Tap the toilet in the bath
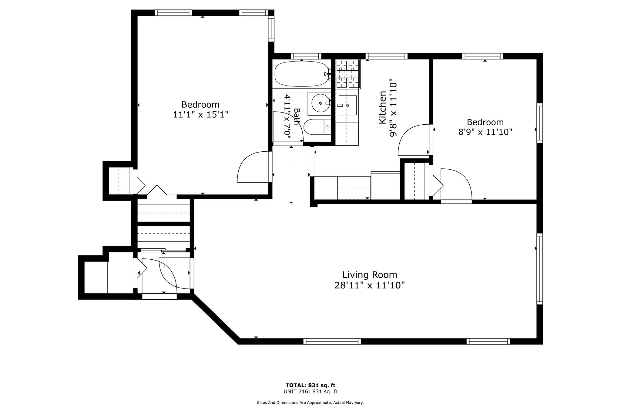(x=317, y=127)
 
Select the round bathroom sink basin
(x=321, y=103)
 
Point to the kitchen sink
(x=347, y=105)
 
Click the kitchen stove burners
(x=347, y=74)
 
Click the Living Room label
(x=370, y=275)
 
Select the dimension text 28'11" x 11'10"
(x=370, y=285)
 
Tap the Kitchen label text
(x=383, y=107)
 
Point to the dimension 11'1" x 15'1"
(x=200, y=115)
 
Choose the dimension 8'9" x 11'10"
(x=485, y=132)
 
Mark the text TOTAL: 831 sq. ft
(x=310, y=385)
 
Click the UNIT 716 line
(x=310, y=392)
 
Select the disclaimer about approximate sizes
(x=310, y=403)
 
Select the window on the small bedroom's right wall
(x=540, y=123)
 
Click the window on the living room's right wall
(x=540, y=269)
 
